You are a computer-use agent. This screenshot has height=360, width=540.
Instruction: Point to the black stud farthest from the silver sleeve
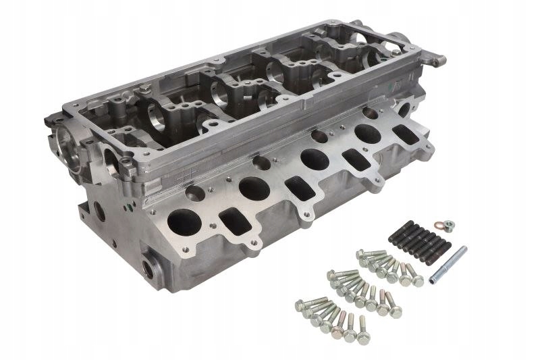pyautogui.click(x=396, y=236)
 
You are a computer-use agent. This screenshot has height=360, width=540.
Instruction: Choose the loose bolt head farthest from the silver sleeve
pyautogui.click(x=299, y=305)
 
